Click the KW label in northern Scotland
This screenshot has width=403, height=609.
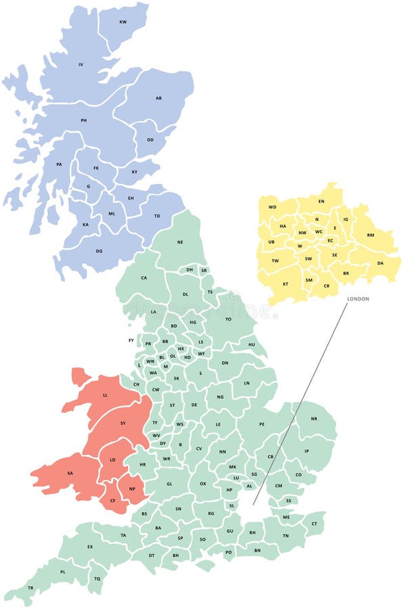[123, 22]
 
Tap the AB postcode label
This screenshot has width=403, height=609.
[158, 98]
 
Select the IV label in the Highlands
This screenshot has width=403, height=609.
[81, 65]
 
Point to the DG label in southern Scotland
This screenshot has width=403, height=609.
[99, 251]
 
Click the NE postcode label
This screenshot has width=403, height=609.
[180, 242]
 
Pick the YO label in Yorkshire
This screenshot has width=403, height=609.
[228, 319]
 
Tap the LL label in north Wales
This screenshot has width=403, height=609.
[105, 394]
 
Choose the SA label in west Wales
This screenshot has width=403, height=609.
[70, 473]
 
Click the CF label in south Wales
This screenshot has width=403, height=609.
[113, 501]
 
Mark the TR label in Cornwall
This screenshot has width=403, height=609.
[30, 588]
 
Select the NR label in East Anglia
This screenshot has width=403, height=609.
[314, 419]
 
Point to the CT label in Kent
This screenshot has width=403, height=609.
[314, 523]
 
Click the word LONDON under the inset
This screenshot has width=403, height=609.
[358, 298]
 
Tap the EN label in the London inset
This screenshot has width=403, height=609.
[321, 202]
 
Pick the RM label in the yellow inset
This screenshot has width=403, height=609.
[370, 235]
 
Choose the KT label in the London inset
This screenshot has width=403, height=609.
[285, 284]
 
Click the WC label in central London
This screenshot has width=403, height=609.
[318, 232]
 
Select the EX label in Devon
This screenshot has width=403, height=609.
[89, 547]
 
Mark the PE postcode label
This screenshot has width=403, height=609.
[261, 424]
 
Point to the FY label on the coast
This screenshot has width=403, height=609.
[131, 340]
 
